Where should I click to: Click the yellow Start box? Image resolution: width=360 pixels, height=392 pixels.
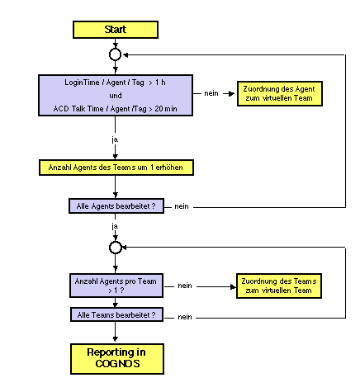pyautogui.click(x=116, y=30)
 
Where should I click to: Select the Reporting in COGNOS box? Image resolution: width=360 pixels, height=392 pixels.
pyautogui.click(x=117, y=359)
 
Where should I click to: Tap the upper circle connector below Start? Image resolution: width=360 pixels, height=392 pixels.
pyautogui.click(x=115, y=54)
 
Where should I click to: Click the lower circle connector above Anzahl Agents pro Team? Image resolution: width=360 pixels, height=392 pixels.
pyautogui.click(x=115, y=248)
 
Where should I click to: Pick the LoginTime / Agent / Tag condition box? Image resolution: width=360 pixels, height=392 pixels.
pyautogui.click(x=116, y=95)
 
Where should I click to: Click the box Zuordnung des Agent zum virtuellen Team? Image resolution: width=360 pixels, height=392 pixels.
pyautogui.click(x=280, y=93)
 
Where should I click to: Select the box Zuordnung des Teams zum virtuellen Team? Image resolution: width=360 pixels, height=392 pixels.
pyautogui.click(x=279, y=286)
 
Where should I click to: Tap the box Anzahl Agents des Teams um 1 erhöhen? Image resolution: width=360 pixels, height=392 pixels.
pyautogui.click(x=116, y=168)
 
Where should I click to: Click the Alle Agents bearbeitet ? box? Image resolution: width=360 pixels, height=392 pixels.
pyautogui.click(x=116, y=206)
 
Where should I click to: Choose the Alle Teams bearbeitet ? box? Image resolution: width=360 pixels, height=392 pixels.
pyautogui.click(x=116, y=314)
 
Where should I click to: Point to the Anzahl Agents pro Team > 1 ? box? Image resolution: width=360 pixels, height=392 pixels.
pyautogui.click(x=116, y=286)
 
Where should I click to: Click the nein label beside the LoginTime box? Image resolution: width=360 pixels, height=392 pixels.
pyautogui.click(x=211, y=93)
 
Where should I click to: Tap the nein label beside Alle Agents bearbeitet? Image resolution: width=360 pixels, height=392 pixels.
pyautogui.click(x=182, y=206)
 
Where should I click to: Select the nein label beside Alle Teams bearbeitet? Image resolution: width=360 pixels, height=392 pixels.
pyautogui.click(x=185, y=317)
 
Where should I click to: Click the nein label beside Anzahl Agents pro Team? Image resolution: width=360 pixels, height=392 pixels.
pyautogui.click(x=185, y=286)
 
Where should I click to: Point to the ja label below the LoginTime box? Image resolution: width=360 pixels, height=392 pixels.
pyautogui.click(x=115, y=139)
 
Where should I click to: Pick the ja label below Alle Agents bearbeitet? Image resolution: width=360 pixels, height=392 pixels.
pyautogui.click(x=115, y=226)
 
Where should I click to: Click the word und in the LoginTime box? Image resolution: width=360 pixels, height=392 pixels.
pyautogui.click(x=116, y=96)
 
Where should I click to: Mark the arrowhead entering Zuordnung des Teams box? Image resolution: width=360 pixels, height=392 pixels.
pyautogui.click(x=234, y=286)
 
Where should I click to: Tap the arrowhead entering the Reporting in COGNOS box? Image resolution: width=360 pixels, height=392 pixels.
pyautogui.click(x=116, y=339)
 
